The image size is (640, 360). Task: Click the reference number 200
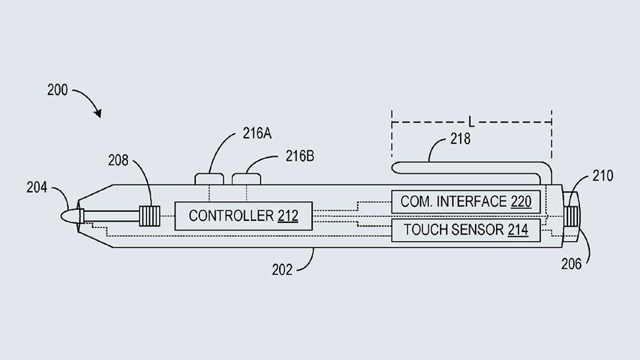tap(57, 90)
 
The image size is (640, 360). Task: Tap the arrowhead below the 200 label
tap(98, 113)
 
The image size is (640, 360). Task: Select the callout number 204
tap(37, 188)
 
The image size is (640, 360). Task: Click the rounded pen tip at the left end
tap(69, 216)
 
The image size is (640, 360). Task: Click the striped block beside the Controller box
tap(149, 216)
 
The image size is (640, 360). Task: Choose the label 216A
tap(257, 133)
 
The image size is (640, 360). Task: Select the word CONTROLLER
tap(231, 216)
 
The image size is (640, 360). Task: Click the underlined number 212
tap(288, 216)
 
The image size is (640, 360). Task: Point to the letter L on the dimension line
tap(471, 122)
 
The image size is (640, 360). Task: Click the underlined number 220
tap(521, 202)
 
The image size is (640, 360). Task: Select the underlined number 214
tap(518, 230)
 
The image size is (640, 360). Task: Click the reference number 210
tap(602, 175)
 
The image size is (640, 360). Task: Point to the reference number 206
tap(571, 264)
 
